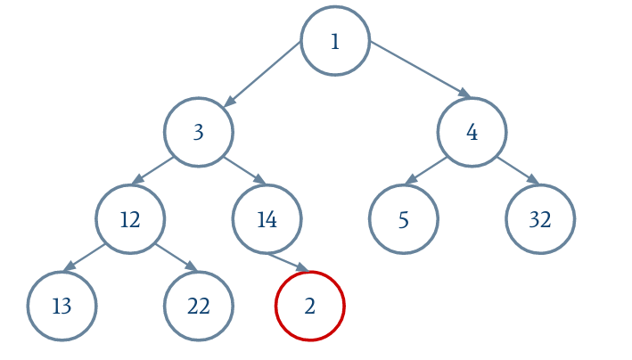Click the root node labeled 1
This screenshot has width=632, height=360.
pyautogui.click(x=335, y=41)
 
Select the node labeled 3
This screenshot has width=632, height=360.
pyautogui.click(x=199, y=132)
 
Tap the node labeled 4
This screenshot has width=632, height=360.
pyautogui.click(x=472, y=132)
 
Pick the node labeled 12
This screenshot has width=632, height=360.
pyautogui.click(x=130, y=219)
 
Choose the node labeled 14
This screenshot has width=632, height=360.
pyautogui.click(x=267, y=219)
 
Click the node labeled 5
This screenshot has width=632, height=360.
pyautogui.click(x=404, y=219)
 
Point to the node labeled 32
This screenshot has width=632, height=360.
pyautogui.click(x=540, y=219)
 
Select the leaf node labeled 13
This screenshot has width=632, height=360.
pyautogui.click(x=62, y=306)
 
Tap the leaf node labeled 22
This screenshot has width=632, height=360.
pyautogui.click(x=199, y=306)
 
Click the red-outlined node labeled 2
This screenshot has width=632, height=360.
pyautogui.click(x=310, y=306)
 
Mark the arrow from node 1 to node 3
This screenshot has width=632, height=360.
pyautogui.click(x=262, y=74)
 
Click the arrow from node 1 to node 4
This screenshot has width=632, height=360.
pyautogui.click(x=421, y=70)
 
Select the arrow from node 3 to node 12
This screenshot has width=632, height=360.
pyautogui.click(x=152, y=170)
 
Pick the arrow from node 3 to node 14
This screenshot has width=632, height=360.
pyautogui.click(x=245, y=170)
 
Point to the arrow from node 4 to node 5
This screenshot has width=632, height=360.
pyautogui.click(x=425, y=170)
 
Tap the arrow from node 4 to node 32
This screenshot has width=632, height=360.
pyautogui.click(x=518, y=170)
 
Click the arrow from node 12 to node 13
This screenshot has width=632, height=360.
pyautogui.click(x=85, y=258)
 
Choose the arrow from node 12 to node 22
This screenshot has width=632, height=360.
pyautogui.click(x=176, y=258)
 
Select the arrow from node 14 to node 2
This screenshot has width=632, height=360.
pyautogui.click(x=289, y=263)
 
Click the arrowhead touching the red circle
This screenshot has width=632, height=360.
pyautogui.click(x=302, y=267)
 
